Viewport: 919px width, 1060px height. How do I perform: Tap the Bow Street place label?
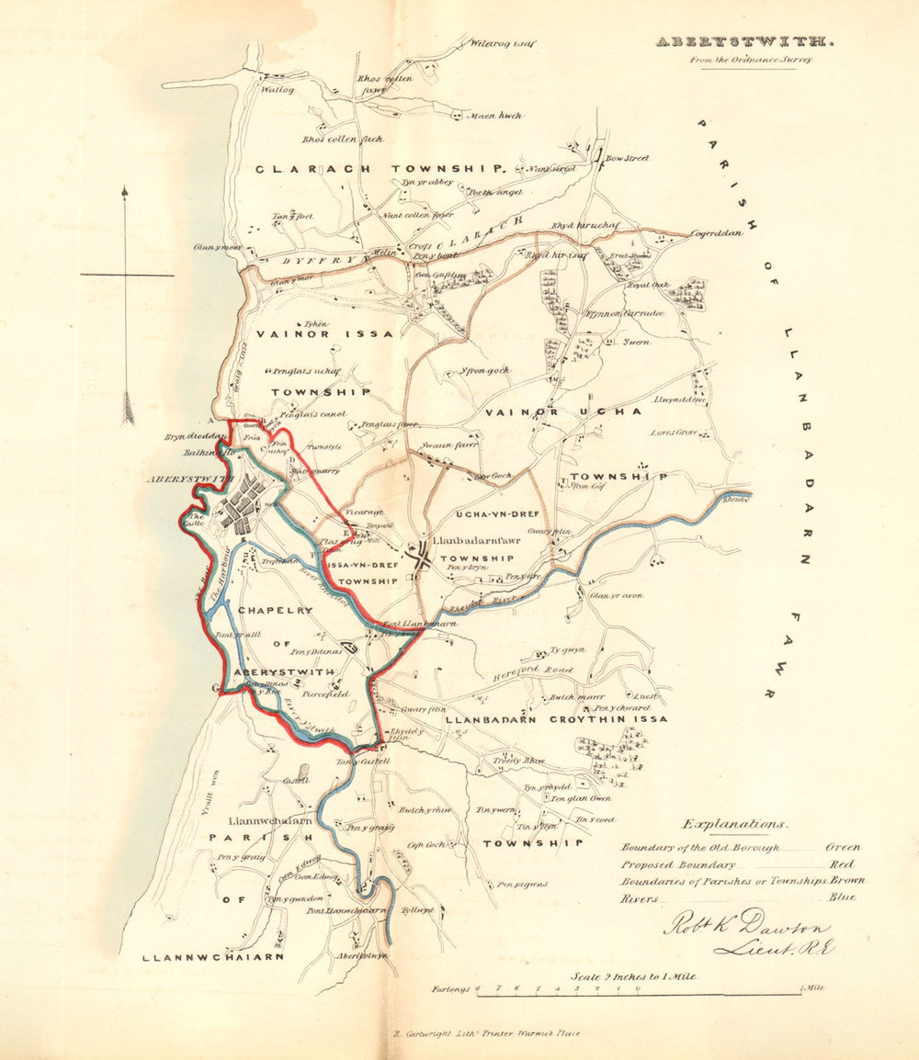[x=627, y=158]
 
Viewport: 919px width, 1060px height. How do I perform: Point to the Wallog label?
[x=276, y=90]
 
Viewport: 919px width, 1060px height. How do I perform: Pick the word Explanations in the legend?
[x=735, y=824]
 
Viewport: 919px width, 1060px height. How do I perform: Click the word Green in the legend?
[x=843, y=847]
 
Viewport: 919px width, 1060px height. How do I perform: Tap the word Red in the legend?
[x=841, y=863]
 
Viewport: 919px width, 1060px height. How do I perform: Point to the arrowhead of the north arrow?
[x=125, y=191]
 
